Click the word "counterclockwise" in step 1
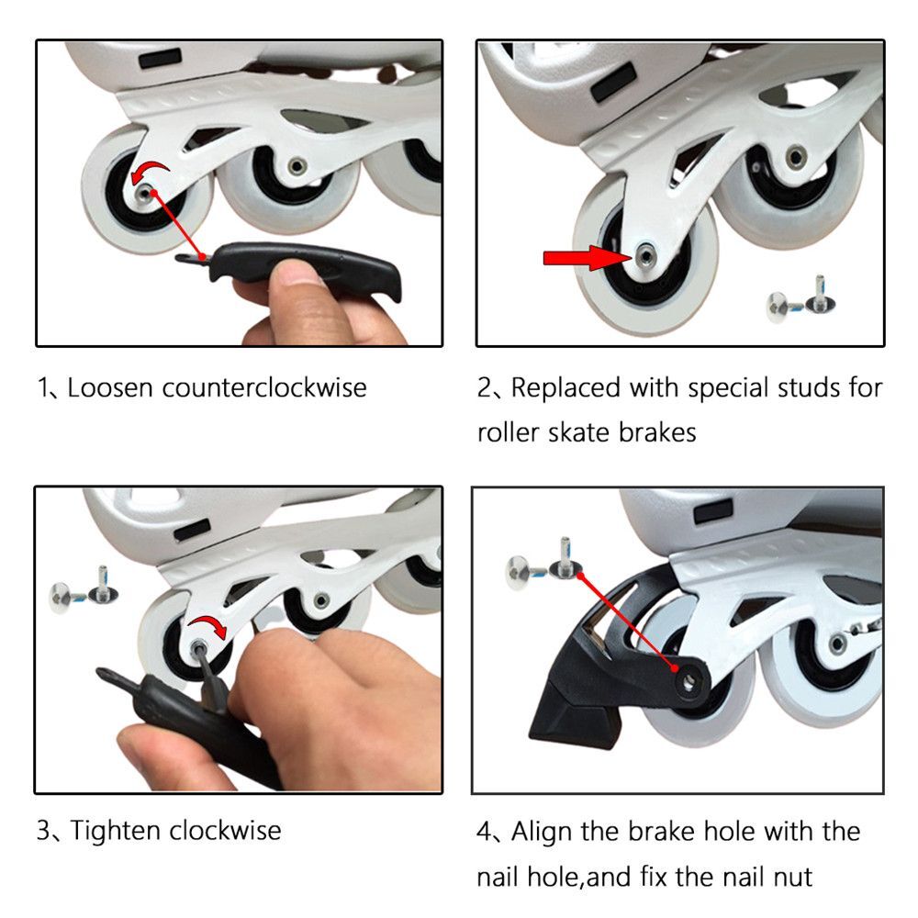(x=264, y=387)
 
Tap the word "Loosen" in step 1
(x=112, y=387)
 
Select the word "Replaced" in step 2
(x=566, y=387)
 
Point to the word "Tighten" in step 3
(x=114, y=831)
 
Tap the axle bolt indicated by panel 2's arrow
(x=645, y=252)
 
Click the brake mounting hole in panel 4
(x=685, y=679)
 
